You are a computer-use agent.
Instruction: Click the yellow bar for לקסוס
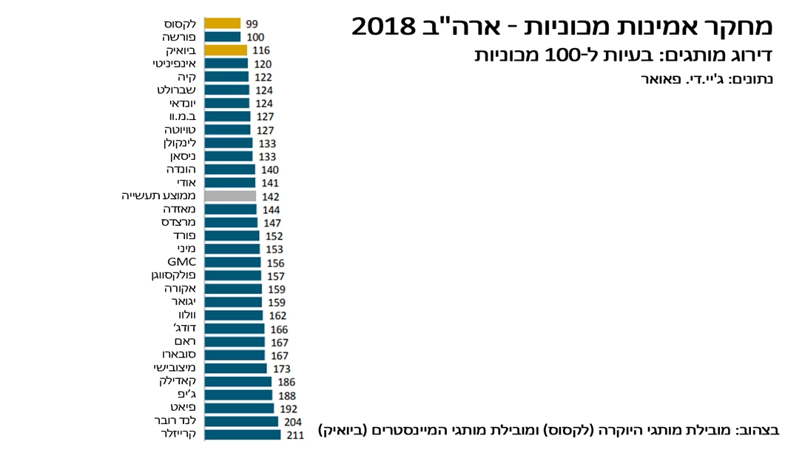coord(222,24)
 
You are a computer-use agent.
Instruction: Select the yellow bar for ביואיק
coord(226,50)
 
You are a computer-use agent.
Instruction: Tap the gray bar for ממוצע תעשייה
coord(230,196)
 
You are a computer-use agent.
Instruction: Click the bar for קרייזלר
coord(242,434)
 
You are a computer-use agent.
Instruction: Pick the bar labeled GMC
coord(232,262)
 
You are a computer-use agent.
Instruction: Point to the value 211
coord(295,435)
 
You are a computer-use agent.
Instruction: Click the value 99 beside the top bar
coord(252,24)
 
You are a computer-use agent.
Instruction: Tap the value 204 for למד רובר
coord(292,422)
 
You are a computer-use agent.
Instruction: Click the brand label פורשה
coord(178,37)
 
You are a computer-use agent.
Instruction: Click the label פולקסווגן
coord(173,275)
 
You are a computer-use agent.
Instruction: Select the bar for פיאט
coord(238,408)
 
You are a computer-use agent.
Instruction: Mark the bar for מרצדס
coord(231,222)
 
